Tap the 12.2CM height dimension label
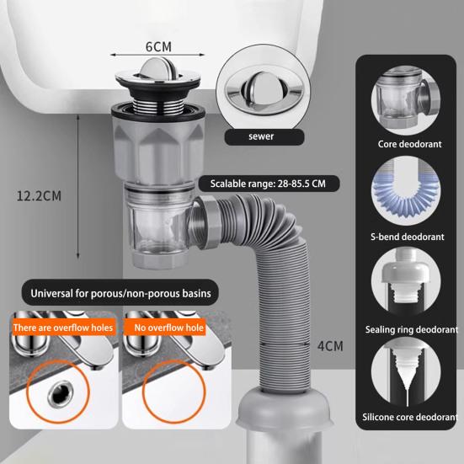40,196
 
